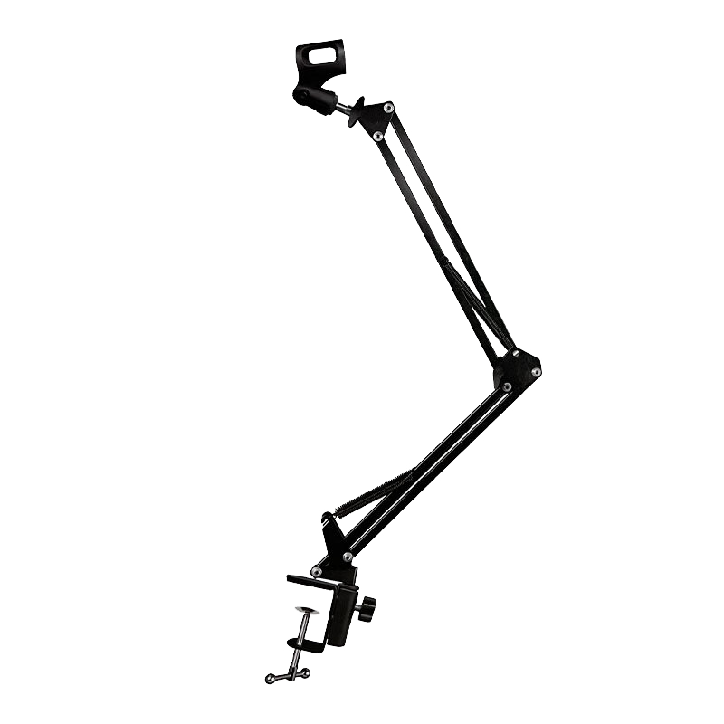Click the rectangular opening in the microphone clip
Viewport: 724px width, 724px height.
point(323,56)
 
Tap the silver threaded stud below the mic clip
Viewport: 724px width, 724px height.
point(345,106)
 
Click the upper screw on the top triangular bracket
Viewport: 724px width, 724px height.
point(388,108)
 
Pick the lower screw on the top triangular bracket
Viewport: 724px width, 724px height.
point(377,136)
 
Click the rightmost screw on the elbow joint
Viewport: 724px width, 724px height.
point(536,371)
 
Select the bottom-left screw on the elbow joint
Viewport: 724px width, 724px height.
point(506,386)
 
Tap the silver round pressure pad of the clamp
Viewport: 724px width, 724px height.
point(309,610)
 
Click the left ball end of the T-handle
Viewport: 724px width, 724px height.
point(270,679)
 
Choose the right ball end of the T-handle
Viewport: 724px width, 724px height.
point(306,672)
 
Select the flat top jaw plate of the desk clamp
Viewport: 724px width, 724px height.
point(312,578)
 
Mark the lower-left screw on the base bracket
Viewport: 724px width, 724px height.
point(316,571)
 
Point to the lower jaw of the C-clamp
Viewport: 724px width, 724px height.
point(303,644)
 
